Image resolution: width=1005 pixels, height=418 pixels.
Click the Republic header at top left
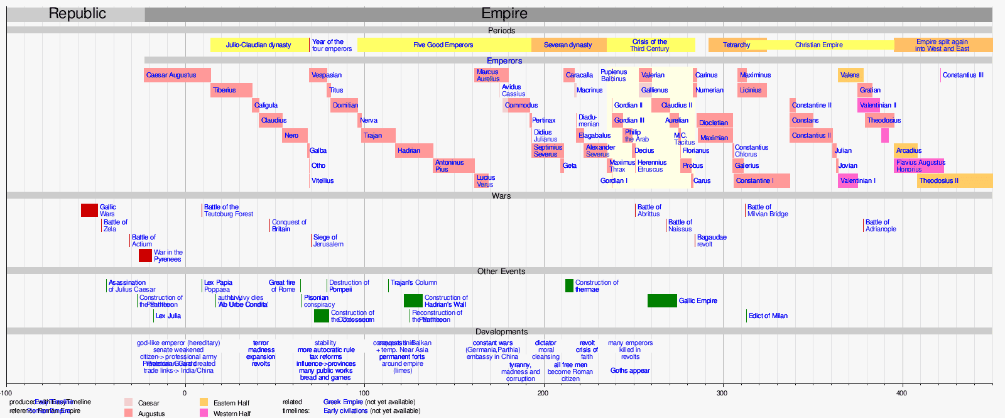point(77,14)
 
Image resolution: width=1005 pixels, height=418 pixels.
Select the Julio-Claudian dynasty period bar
point(259,45)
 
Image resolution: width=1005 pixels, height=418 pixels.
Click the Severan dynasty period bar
point(568,45)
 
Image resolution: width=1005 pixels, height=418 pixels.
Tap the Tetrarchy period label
point(736,45)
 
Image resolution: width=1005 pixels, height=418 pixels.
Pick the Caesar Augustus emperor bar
point(177,75)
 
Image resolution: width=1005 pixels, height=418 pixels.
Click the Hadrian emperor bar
point(413,151)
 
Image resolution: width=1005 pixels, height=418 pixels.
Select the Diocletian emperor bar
point(714,123)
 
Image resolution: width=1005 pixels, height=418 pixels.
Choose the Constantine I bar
point(761,181)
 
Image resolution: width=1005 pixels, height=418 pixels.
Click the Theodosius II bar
point(953,181)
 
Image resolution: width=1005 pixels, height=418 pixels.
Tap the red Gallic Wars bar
point(89,211)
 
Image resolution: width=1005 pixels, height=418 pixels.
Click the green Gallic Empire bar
point(661,301)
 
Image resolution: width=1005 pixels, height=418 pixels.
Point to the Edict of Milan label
point(768,316)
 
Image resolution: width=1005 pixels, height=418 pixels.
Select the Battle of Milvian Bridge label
point(767,211)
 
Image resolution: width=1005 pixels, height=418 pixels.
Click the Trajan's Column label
point(413,283)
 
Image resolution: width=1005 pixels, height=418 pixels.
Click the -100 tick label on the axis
point(6,393)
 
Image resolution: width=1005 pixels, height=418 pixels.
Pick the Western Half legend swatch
point(204,413)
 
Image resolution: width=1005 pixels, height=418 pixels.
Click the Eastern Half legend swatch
point(204,402)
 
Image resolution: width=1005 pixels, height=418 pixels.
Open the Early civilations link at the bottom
point(345,411)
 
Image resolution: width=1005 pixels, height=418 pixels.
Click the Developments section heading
point(501,332)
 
